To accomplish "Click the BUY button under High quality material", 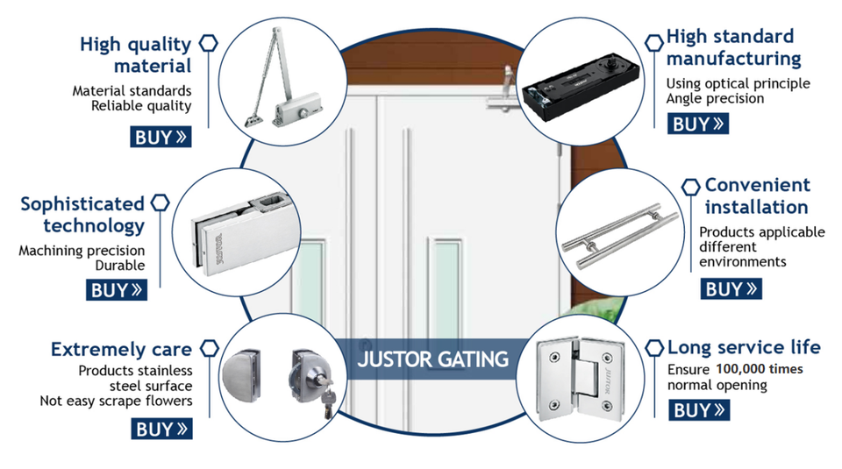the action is (161, 137).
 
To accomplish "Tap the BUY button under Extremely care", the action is (161, 429).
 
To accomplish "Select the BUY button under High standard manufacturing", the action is (699, 124).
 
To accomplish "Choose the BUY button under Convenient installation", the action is (731, 288).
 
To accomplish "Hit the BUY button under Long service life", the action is (699, 409).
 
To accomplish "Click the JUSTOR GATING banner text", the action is (433, 359).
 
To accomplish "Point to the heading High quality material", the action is (136, 54).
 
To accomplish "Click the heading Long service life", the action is (744, 347).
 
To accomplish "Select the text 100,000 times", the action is (760, 369).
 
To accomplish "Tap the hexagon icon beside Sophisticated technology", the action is (160, 203).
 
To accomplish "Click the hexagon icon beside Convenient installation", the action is (691, 186).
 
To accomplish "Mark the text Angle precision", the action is (715, 99).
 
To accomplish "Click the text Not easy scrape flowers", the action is (116, 401).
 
